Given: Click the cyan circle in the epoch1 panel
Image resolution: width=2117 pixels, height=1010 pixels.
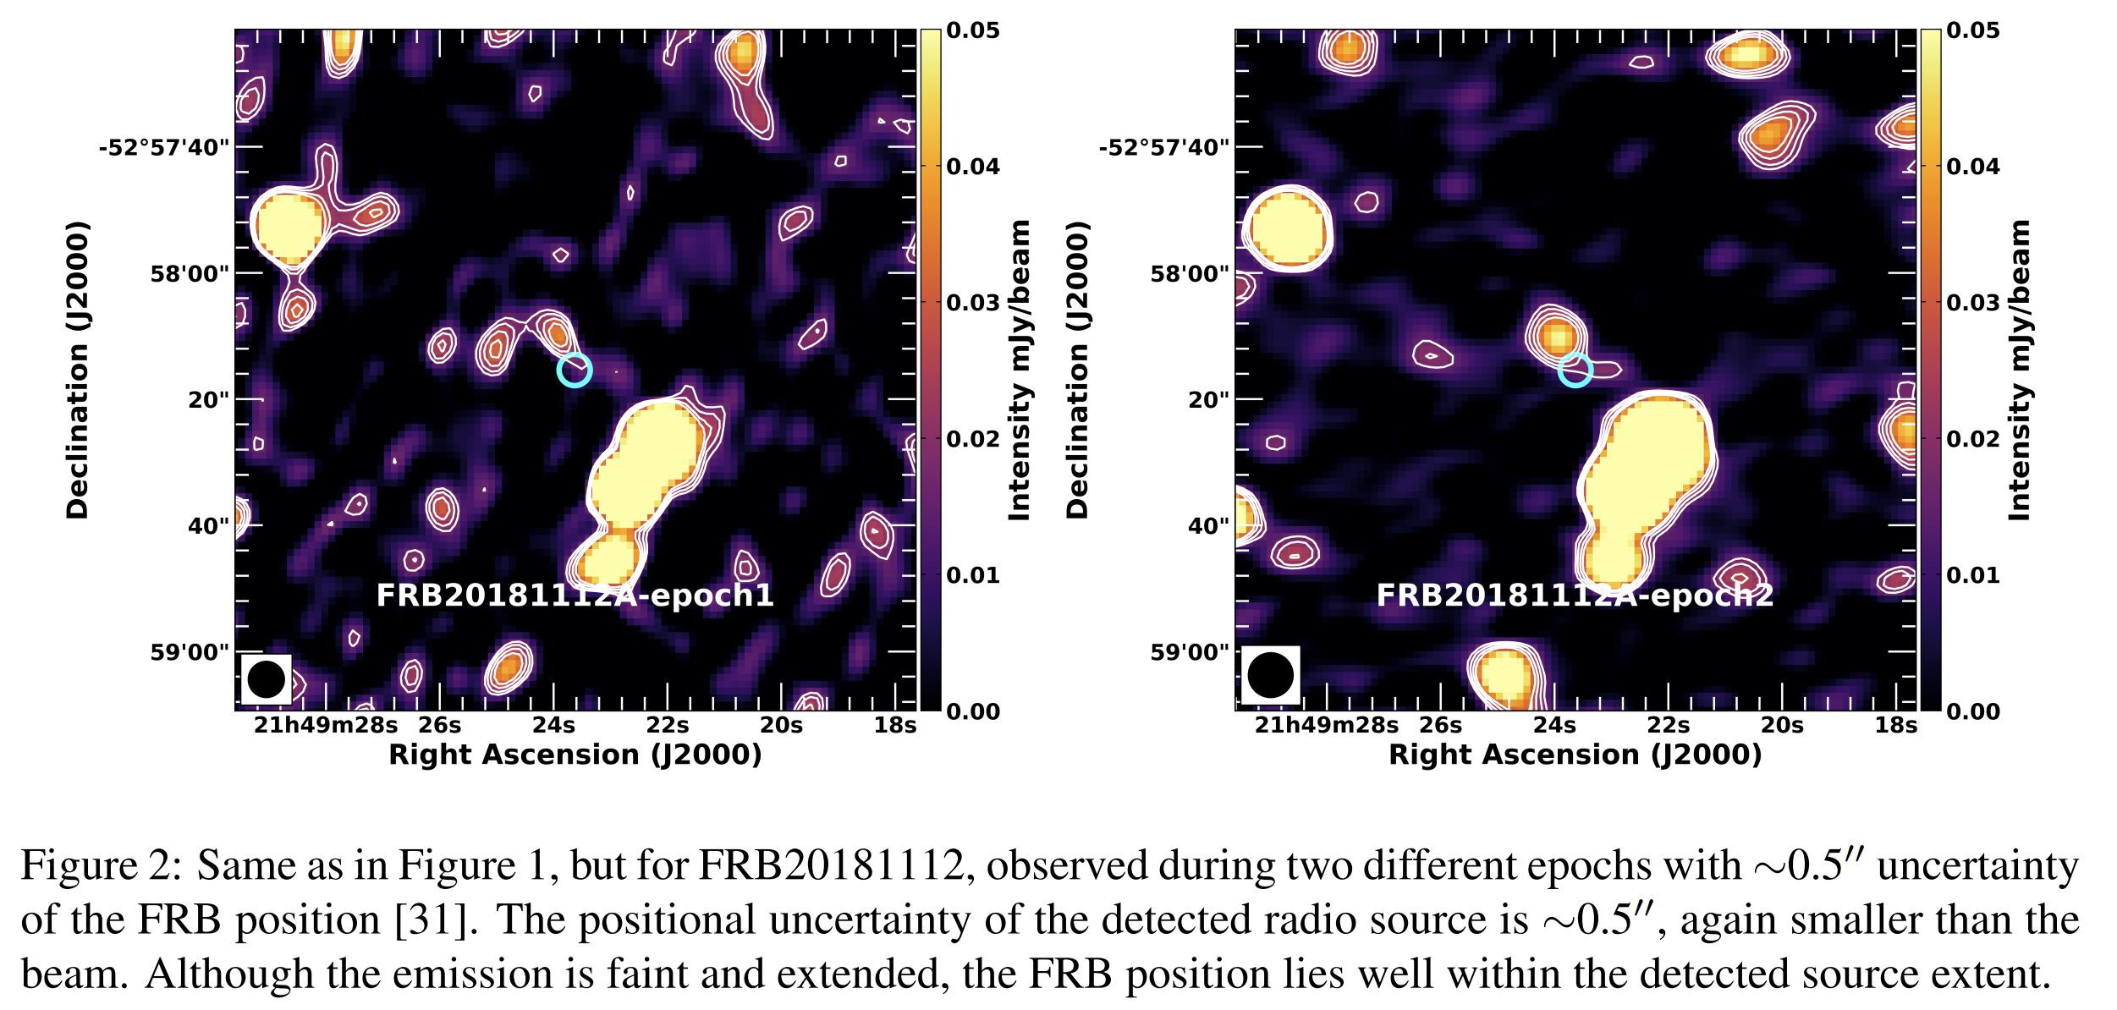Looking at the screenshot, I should click(575, 370).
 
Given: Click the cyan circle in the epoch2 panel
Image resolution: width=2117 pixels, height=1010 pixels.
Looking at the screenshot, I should click(1575, 370).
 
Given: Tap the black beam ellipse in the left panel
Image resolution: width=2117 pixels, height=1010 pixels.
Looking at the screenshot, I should click(267, 679).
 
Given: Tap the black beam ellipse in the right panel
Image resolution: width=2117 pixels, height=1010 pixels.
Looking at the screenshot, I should click(1270, 675).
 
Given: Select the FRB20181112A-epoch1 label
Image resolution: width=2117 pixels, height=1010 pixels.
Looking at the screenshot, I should click(575, 596).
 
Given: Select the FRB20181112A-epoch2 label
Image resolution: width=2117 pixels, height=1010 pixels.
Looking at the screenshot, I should click(1575, 596).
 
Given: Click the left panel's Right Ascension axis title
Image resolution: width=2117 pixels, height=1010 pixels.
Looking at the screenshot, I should click(575, 755).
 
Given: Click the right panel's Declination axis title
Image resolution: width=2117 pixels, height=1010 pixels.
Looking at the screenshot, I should click(1077, 370).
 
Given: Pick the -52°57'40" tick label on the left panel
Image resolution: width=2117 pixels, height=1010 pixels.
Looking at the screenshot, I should click(164, 148).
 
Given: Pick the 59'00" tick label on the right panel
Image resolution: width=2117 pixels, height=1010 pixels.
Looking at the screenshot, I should click(1190, 652).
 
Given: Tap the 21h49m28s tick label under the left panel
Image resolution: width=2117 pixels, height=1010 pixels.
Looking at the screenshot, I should click(326, 726).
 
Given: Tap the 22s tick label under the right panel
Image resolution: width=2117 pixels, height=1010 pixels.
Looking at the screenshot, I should click(1668, 726).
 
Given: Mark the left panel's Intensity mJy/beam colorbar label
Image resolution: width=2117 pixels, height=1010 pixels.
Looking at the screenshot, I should click(1020, 370).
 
